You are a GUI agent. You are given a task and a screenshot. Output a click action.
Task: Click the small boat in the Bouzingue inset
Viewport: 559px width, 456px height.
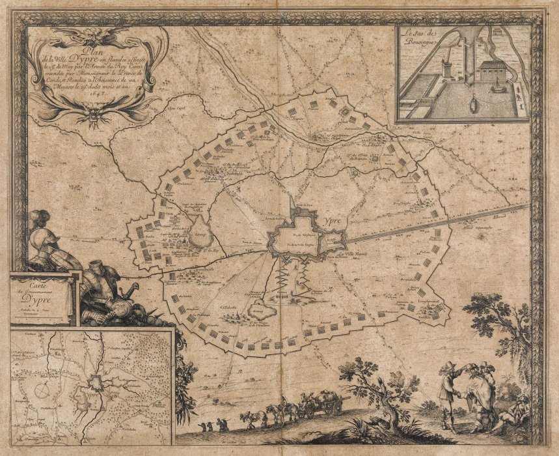click(x=473, y=104)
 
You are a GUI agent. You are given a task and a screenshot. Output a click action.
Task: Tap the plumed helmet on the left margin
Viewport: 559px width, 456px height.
click(x=39, y=221)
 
